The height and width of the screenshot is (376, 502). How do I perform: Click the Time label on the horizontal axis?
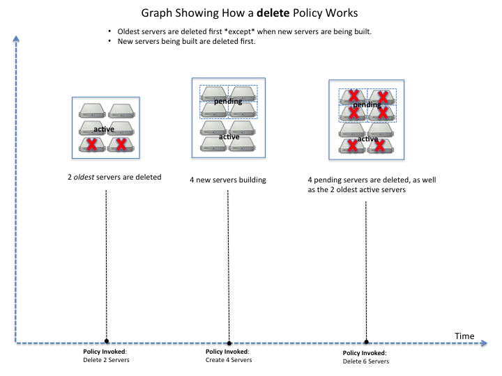[464, 336]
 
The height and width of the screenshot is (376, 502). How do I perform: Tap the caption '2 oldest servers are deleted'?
[111, 177]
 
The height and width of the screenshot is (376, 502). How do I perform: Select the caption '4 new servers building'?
[228, 180]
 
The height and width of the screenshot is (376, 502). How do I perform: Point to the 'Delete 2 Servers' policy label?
[106, 355]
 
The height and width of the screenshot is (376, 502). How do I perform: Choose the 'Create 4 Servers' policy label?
[229, 356]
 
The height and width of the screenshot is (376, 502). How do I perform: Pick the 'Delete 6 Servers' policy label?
[366, 357]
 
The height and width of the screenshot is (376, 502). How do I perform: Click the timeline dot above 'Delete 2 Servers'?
[106, 341]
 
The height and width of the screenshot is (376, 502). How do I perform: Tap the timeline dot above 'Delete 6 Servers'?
[366, 342]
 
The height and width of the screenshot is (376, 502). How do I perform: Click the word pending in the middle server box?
[228, 101]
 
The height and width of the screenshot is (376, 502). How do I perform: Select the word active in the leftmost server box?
[104, 130]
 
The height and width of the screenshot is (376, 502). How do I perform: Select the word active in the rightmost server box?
[367, 139]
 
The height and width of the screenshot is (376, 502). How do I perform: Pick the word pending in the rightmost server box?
[367, 104]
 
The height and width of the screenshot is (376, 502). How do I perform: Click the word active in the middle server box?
[229, 136]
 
